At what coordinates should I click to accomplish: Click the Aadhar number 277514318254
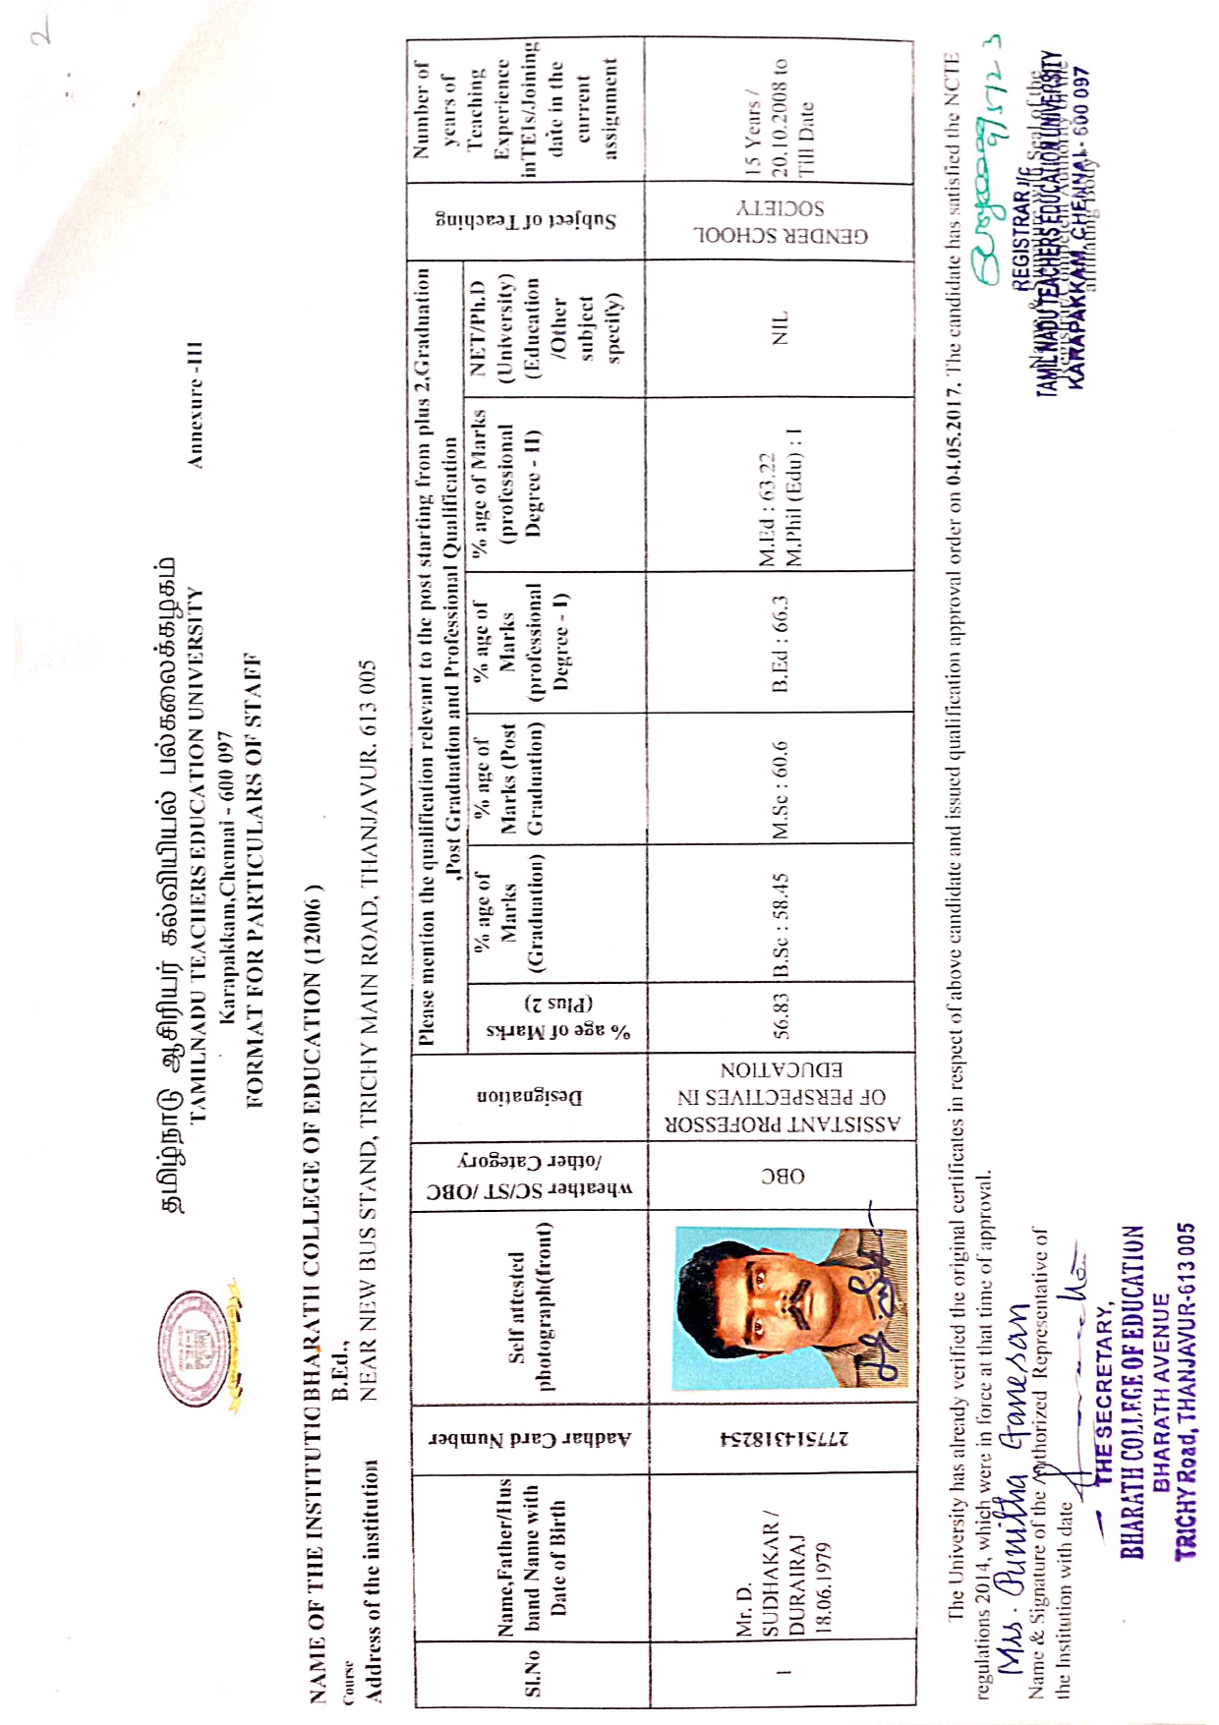click(x=784, y=1438)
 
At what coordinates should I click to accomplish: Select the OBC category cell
click(x=783, y=1176)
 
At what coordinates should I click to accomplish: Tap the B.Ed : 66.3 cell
click(x=781, y=643)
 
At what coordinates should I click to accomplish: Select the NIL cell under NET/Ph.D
click(x=781, y=328)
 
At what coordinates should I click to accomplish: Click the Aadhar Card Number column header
click(x=531, y=1438)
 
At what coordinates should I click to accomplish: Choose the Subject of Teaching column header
click(x=527, y=220)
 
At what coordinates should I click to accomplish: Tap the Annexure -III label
click(x=196, y=404)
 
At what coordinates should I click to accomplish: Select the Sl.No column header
click(x=532, y=1671)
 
